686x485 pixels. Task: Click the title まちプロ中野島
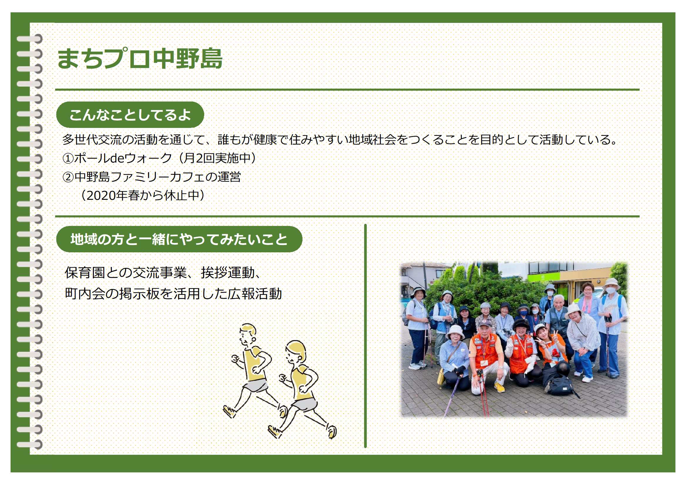pos(140,59)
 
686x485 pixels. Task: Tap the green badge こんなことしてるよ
pos(130,115)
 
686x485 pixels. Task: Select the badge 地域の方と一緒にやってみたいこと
pos(179,239)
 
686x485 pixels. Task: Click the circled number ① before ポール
pos(68,158)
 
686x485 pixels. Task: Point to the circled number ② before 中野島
pos(68,177)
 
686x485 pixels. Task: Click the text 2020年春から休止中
pos(143,196)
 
